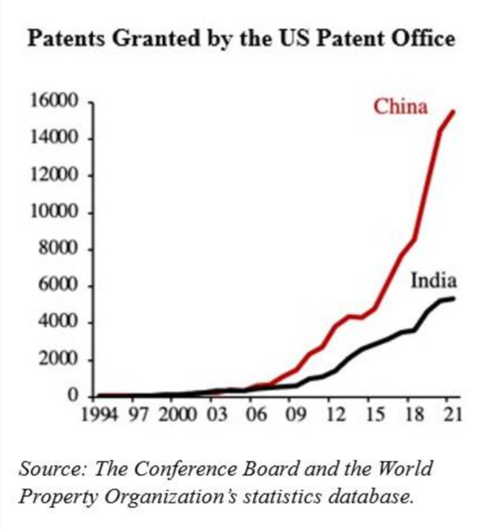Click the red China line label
(400, 107)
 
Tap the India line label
(434, 281)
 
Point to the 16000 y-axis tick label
(55, 101)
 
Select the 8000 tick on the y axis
(58, 249)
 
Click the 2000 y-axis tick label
(58, 359)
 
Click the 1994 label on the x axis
(99, 415)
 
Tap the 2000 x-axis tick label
(177, 415)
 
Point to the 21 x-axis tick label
(452, 415)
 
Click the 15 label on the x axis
(375, 415)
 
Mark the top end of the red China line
(454, 112)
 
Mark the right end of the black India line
(454, 298)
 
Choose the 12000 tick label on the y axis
(55, 175)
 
